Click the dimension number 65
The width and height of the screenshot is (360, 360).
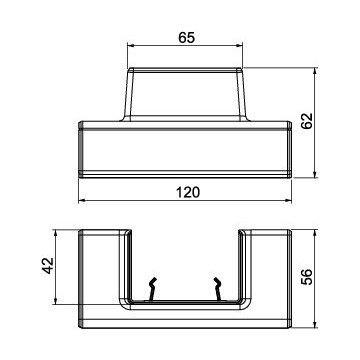[x=186, y=38]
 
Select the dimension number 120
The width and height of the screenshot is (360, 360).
[x=188, y=192]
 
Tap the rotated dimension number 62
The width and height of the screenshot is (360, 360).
[x=307, y=121]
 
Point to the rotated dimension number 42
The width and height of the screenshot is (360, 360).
[x=49, y=266]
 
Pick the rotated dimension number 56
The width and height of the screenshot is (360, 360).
[x=307, y=277]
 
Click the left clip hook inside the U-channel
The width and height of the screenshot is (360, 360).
[x=152, y=289]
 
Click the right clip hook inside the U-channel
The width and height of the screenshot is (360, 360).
[x=218, y=289]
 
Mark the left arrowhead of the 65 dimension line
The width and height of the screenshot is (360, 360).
[x=131, y=46]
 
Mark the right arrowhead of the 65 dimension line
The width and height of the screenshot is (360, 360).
[x=239, y=46]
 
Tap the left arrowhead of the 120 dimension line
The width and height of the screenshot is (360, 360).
[x=82, y=201]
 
